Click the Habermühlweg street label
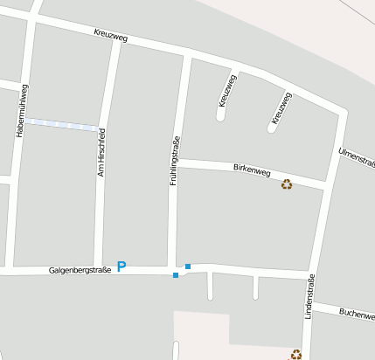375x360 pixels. click(x=22, y=110)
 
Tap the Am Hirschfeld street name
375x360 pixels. click(x=101, y=153)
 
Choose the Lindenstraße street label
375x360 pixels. click(x=309, y=297)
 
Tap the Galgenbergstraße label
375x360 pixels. click(x=80, y=270)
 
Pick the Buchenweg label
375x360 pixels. click(x=356, y=312)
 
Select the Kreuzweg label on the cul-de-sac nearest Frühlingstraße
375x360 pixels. click(x=226, y=90)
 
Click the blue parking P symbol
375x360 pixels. click(x=122, y=267)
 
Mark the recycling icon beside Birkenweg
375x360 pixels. click(x=286, y=183)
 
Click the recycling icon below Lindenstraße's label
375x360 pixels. click(x=296, y=354)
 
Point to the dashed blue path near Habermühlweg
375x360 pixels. click(x=60, y=124)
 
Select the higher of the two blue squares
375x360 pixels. click(x=188, y=266)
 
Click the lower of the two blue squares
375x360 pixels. click(x=176, y=275)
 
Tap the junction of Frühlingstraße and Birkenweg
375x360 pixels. click(x=179, y=163)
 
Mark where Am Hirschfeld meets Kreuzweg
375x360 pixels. click(x=115, y=42)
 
